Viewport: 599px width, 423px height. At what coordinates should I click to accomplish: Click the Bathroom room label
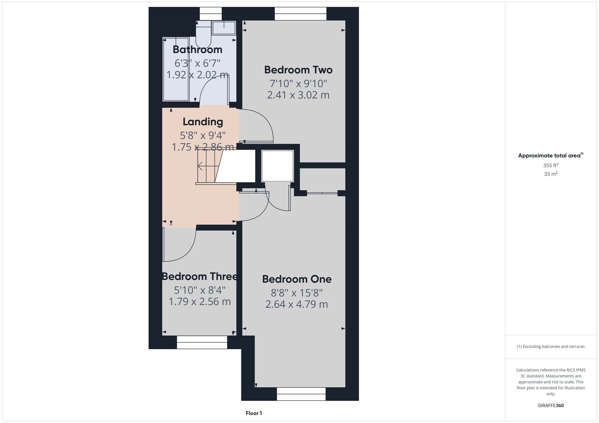tap(197, 50)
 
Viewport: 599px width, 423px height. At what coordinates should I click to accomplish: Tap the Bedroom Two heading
tap(298, 70)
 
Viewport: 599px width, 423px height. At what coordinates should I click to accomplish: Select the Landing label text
tap(203, 122)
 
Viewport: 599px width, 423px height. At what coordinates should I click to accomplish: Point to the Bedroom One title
tap(297, 279)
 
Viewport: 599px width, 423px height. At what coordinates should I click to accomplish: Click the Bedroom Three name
tap(200, 276)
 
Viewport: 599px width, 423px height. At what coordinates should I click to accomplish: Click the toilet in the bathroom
tap(204, 33)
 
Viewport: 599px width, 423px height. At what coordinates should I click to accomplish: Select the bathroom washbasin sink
tap(224, 28)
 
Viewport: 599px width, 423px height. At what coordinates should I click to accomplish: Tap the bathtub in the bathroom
tap(176, 69)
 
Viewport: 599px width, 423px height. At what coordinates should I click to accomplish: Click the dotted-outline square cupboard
tap(278, 166)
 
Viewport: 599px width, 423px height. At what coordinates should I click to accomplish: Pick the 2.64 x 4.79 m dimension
tap(297, 304)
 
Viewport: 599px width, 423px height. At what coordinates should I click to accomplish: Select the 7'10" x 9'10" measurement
tap(298, 83)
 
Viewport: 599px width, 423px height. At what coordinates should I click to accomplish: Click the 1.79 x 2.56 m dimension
tap(200, 302)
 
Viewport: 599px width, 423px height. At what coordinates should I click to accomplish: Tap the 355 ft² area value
tap(551, 165)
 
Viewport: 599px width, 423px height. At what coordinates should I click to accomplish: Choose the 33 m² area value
tap(551, 174)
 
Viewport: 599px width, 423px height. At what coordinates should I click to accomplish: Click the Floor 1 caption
tap(254, 413)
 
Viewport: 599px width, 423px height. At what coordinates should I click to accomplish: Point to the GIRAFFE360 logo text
tap(551, 406)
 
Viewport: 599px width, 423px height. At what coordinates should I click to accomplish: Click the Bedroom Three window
tap(202, 342)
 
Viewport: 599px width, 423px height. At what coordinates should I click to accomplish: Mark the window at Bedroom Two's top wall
tap(300, 14)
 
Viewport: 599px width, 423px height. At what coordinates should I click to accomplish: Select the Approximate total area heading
tap(551, 155)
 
